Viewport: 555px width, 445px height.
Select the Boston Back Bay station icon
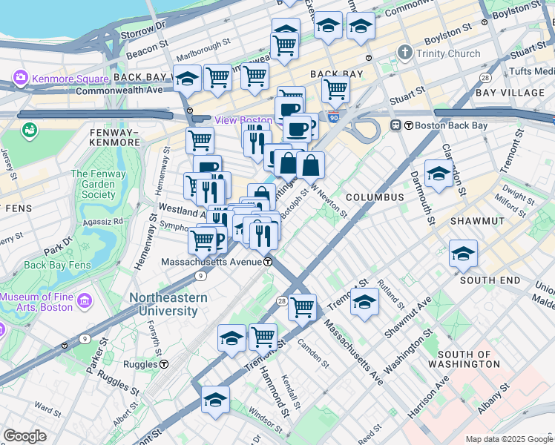point(396,125)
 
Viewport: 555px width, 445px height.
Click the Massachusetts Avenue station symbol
point(267,262)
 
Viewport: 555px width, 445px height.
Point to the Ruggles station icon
point(163,364)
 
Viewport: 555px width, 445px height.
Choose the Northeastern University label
point(168,304)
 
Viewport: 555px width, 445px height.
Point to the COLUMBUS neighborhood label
point(374,197)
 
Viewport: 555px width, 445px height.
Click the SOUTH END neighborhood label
point(490,280)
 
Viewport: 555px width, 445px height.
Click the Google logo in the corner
point(24,436)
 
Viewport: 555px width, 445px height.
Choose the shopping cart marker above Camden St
point(302,306)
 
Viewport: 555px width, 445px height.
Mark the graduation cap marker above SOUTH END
point(463,254)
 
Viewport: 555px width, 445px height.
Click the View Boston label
point(243,120)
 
